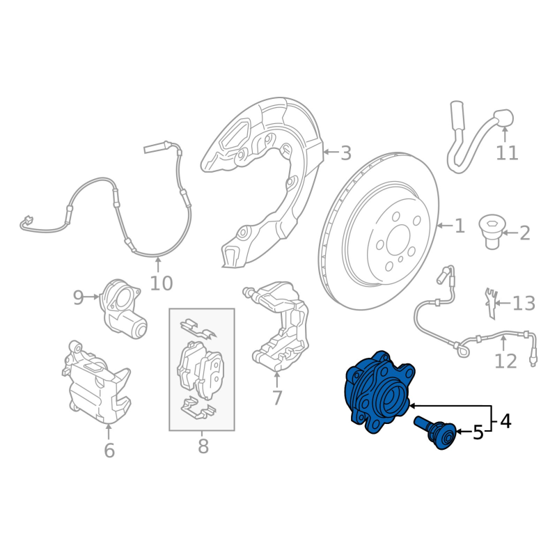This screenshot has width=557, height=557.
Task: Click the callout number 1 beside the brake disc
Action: click(460, 226)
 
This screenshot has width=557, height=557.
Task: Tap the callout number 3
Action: click(345, 153)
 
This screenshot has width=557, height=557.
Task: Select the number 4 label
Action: click(505, 421)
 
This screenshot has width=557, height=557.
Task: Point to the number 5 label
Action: click(478, 432)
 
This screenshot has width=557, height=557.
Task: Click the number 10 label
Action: click(162, 283)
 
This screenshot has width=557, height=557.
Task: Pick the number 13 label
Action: click(524, 304)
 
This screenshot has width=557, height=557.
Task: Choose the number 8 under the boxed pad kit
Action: click(203, 446)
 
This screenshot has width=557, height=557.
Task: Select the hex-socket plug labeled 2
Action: click(490, 232)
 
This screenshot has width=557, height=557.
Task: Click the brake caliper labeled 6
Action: click(97, 383)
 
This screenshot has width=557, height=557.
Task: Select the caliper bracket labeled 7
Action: click(277, 326)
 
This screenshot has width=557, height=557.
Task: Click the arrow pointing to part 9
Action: click(92, 297)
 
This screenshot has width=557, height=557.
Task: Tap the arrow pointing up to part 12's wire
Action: click(503, 343)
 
